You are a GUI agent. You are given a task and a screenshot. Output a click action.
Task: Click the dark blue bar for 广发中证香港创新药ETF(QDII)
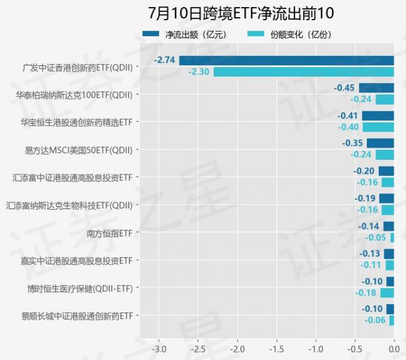pos(286,61)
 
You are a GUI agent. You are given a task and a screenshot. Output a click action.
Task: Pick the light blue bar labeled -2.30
pos(303,72)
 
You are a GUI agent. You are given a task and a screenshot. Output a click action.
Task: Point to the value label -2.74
pos(164,60)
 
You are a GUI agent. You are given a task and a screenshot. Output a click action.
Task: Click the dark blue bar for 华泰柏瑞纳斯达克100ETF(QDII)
pos(376,88)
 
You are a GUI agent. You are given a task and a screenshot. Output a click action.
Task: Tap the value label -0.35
pos(352,143)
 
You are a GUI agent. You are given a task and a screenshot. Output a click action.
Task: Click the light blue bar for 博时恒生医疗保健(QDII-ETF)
pos(387,293)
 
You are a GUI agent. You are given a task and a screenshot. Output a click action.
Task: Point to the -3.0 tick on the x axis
pos(159,349)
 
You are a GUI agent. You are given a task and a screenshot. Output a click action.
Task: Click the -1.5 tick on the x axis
pos(277,349)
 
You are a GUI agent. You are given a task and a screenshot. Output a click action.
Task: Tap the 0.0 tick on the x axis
pos(393,349)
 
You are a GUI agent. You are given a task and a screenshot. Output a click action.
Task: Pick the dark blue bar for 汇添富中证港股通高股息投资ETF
pos(386,171)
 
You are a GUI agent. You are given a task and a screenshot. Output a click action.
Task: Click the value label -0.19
pos(365,198)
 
